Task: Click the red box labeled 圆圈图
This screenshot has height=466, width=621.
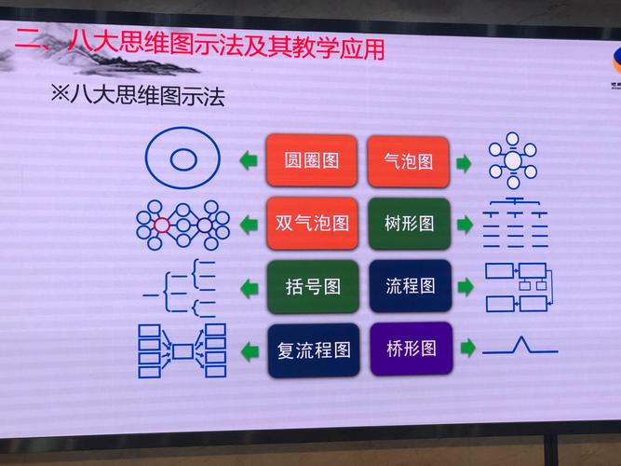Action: click(311, 160)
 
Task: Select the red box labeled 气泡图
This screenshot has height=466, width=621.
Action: click(409, 160)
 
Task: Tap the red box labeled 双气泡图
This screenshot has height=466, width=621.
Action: click(311, 223)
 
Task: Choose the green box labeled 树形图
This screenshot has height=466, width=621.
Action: click(409, 223)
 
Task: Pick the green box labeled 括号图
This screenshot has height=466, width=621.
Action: click(311, 285)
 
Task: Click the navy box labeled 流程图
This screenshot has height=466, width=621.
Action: click(410, 285)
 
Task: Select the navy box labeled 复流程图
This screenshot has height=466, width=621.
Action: click(312, 349)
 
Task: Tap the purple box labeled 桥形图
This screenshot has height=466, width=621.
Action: click(411, 349)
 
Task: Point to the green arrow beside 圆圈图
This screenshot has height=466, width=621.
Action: click(248, 161)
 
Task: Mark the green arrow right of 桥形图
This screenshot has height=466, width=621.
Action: click(468, 348)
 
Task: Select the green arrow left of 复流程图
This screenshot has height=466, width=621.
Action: click(249, 350)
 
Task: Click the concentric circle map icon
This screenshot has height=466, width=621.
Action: click(182, 159)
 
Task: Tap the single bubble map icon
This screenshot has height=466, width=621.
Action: click(512, 159)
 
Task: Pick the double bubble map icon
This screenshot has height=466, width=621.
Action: click(182, 224)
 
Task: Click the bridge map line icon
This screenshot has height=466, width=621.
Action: click(520, 347)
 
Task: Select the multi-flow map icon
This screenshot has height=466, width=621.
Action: click(182, 350)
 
